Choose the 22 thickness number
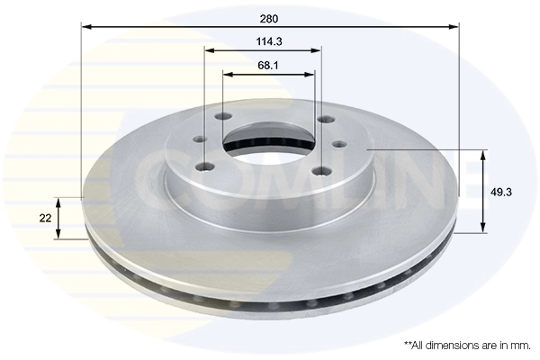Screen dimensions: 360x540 [x=43, y=218]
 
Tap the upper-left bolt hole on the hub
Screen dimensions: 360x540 [x=221, y=116]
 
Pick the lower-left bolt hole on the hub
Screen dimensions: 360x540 [x=209, y=164]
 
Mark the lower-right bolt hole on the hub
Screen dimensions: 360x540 [x=317, y=175]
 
